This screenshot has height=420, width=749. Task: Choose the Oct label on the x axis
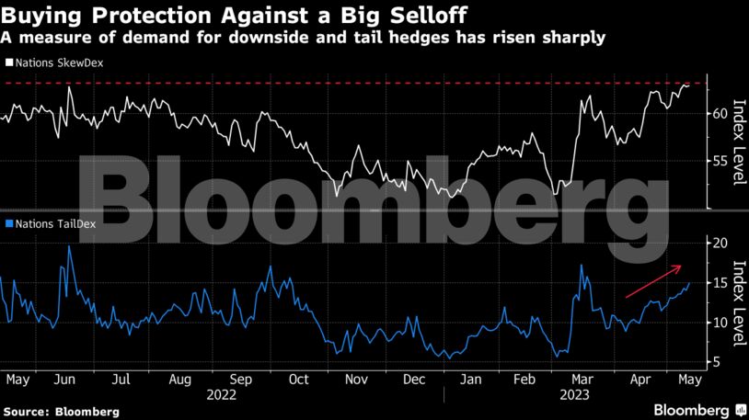tap(297, 378)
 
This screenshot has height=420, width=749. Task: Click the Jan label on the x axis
tap(470, 378)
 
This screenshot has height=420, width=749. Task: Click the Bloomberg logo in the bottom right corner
tap(691, 408)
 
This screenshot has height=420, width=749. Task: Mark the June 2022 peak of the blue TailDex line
tap(70, 247)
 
